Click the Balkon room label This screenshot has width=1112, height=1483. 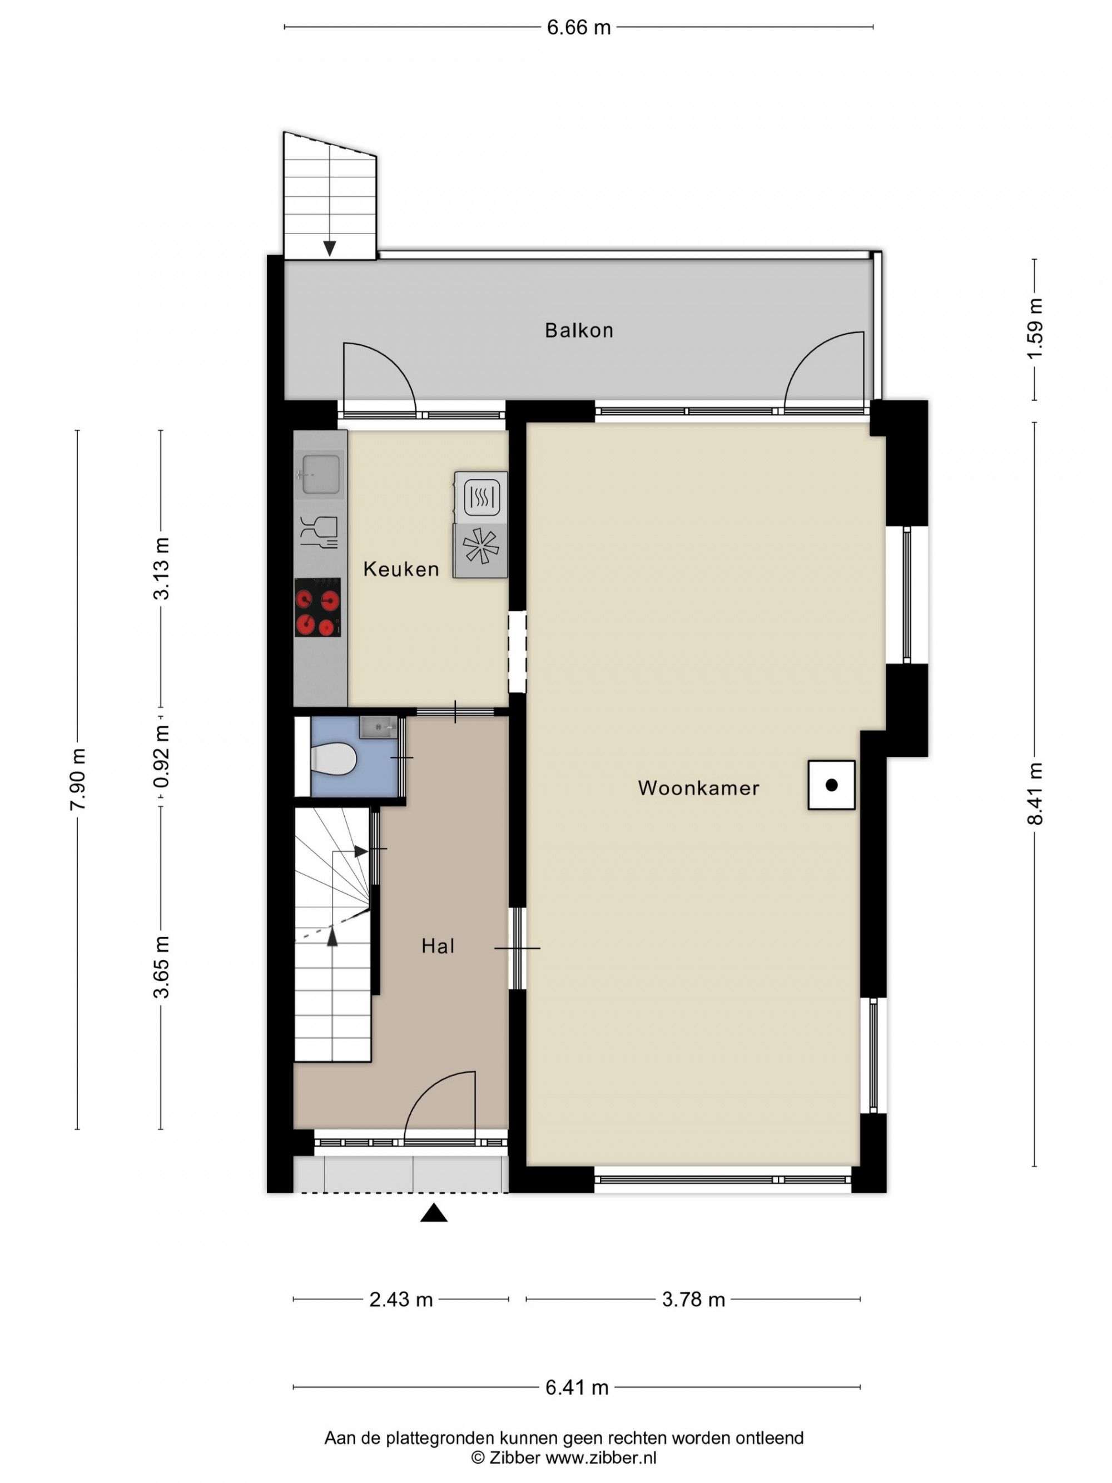pyautogui.click(x=578, y=330)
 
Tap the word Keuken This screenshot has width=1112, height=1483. pyautogui.click(x=401, y=569)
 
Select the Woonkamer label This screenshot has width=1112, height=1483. pyautogui.click(x=698, y=788)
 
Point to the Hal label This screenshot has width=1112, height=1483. pyautogui.click(x=438, y=946)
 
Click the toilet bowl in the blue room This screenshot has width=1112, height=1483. pyautogui.click(x=333, y=760)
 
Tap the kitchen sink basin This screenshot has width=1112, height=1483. pyautogui.click(x=320, y=474)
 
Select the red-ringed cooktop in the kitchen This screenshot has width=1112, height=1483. pyautogui.click(x=317, y=607)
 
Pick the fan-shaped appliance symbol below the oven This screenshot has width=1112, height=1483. pyautogui.click(x=480, y=551)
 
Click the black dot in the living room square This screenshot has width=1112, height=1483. pyautogui.click(x=831, y=785)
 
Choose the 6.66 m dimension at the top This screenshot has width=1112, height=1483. pyautogui.click(x=578, y=27)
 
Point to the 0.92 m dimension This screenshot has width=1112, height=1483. pyautogui.click(x=161, y=757)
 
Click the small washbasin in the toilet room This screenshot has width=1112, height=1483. pyautogui.click(x=378, y=727)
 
